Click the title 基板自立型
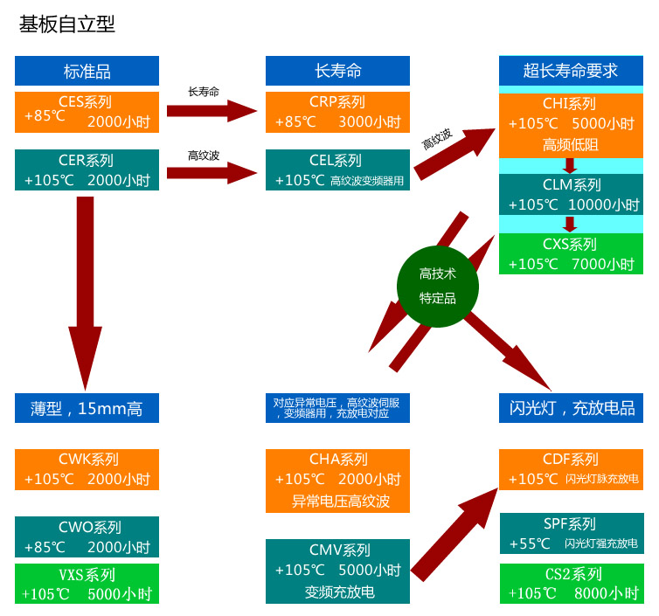pos(67,24)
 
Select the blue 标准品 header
pos(87,71)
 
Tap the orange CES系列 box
pos(87,112)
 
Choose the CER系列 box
pos(87,170)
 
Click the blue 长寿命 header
pos(337,71)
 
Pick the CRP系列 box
pos(337,112)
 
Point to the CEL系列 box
pos(337,170)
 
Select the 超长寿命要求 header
pos(570,71)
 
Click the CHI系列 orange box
pos(570,123)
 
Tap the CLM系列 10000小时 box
pos(570,195)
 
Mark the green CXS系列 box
pos(570,254)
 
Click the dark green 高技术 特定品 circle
pos(438,284)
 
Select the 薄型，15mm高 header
pos(87,408)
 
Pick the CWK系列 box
pos(87,469)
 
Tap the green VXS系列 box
pos(87,584)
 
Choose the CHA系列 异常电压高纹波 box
pos(337,480)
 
